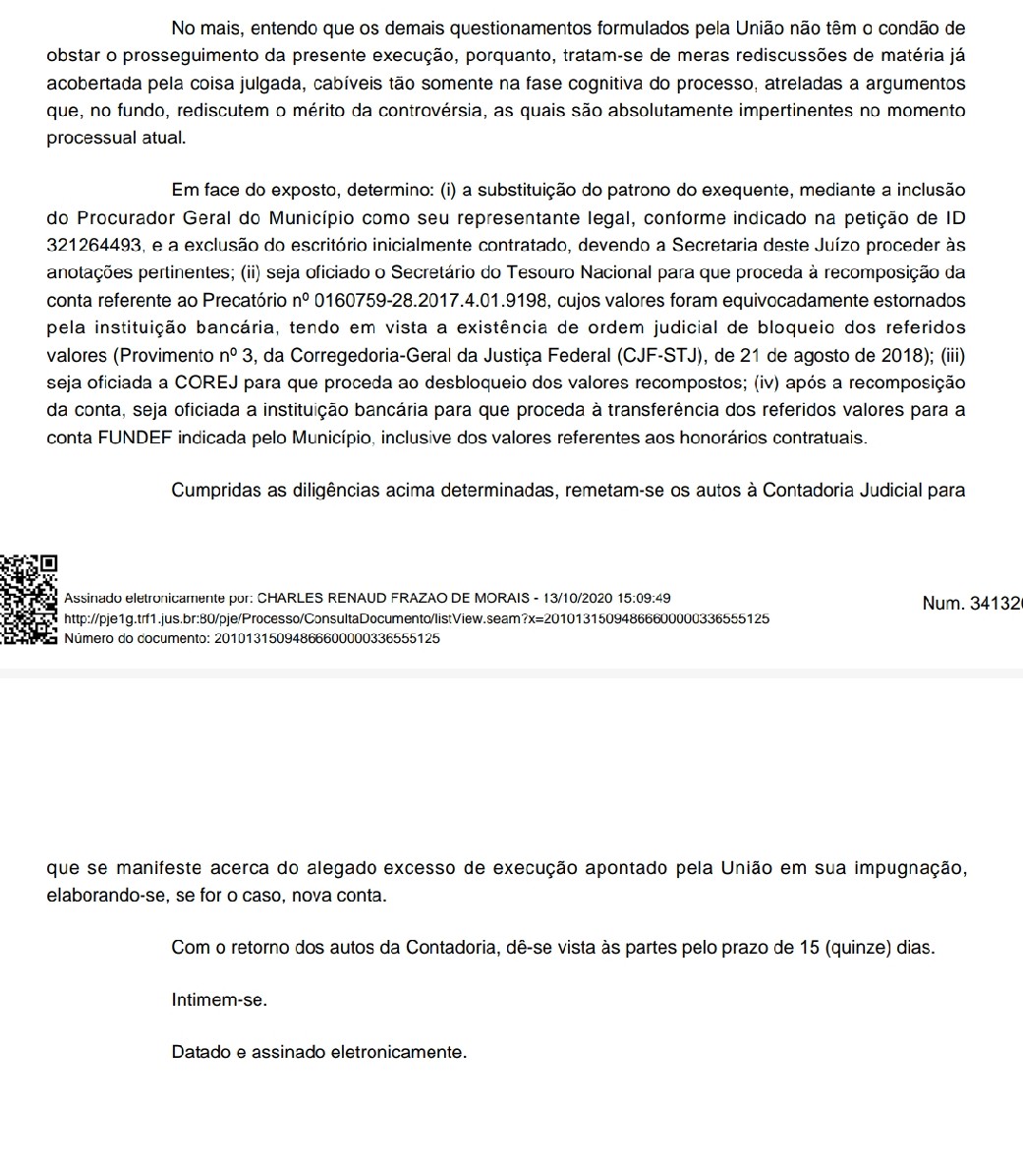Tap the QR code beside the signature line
[28, 600]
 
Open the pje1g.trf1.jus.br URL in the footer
[415, 618]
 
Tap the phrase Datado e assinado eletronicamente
[318, 1052]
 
